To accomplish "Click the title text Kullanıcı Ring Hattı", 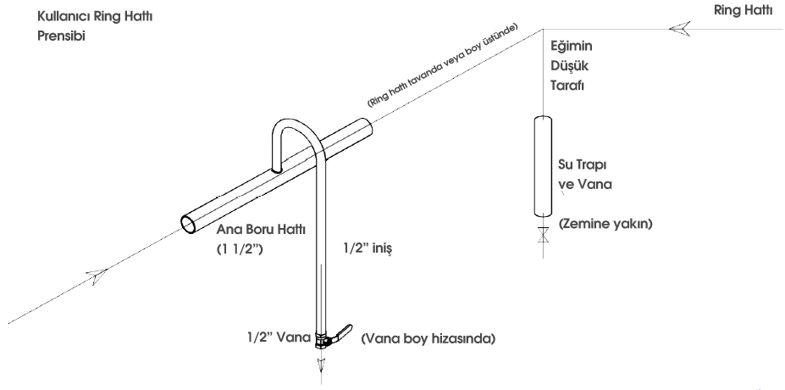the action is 95,17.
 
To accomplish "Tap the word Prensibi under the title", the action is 62,36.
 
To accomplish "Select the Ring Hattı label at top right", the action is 743,11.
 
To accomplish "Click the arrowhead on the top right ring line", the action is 680,29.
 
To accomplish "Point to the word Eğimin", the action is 572,47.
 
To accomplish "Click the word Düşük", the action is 570,66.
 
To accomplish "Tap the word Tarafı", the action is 567,86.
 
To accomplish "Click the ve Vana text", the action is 585,184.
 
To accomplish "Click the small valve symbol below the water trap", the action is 543,235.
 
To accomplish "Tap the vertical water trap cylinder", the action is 543,166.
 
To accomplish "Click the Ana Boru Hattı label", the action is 261,230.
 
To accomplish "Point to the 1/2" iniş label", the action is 367,248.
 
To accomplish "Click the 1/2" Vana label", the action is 279,337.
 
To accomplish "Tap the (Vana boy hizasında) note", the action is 428,339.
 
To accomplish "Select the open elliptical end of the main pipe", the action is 189,224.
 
